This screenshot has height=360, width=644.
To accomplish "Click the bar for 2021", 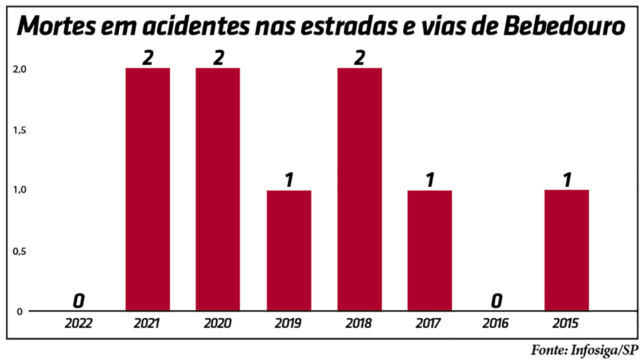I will [x=147, y=189].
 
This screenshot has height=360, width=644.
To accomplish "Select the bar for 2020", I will [x=218, y=189].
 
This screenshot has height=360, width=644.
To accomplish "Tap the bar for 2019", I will [x=289, y=250].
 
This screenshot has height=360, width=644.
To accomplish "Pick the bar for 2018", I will [x=359, y=189].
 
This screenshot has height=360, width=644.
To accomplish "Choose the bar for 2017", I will [x=429, y=250].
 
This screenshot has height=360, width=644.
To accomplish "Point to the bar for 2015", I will [x=566, y=250].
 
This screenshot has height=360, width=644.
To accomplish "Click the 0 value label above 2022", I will [x=78, y=301].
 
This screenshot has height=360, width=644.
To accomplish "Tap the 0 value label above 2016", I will [x=496, y=301].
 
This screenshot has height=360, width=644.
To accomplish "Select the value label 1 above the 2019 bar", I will [x=289, y=180].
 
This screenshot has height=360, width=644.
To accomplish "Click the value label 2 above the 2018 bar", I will [x=359, y=58].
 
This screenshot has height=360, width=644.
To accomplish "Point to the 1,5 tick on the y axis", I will [x=19, y=130].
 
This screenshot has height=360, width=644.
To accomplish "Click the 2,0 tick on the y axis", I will [x=19, y=69].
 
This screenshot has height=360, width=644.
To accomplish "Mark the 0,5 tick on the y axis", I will [x=19, y=251].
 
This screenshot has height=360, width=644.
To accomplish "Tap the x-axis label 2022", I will [x=78, y=323].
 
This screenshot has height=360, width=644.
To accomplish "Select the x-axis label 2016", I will [x=495, y=323].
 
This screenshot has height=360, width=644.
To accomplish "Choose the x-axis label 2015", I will [x=566, y=323].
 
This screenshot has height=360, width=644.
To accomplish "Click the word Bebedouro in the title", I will [x=564, y=26].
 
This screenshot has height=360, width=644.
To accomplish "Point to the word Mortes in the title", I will [x=57, y=26].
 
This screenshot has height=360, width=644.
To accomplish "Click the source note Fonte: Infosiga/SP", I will [x=584, y=350].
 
